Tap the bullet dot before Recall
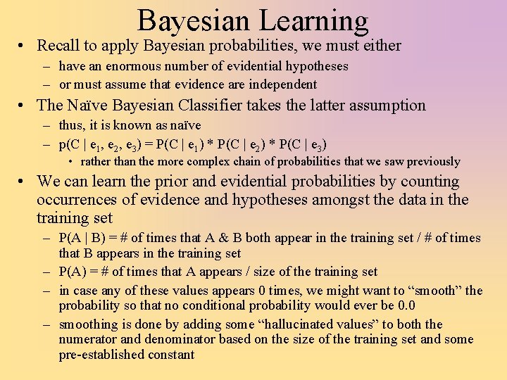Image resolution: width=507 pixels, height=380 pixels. [24, 46]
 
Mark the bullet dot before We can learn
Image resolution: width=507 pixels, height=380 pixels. [24, 182]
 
